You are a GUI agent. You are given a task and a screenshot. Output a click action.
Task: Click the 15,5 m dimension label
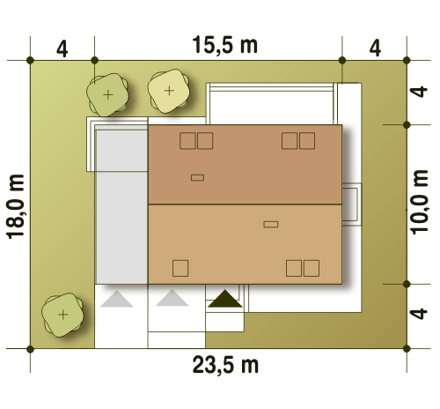(225, 45)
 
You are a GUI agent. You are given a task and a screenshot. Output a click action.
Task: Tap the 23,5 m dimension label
(225, 365)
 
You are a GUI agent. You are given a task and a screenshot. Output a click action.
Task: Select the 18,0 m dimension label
(15, 206)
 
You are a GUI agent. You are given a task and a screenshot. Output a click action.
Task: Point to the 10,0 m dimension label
(420, 202)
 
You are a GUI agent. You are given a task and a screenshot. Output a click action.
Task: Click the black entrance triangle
(225, 299)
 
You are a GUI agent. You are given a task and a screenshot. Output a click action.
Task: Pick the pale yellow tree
(169, 91)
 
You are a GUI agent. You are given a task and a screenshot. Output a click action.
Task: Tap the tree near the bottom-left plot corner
(62, 315)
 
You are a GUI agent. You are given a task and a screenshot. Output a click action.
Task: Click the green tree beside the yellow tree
(107, 94)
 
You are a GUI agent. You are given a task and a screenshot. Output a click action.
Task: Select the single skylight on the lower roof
(180, 268)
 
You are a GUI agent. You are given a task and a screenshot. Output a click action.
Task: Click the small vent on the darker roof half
(197, 177)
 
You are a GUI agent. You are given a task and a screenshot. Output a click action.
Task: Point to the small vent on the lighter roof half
(271, 224)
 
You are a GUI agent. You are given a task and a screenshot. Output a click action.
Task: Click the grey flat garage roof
(121, 204)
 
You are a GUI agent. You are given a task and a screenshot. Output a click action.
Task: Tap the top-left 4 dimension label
(62, 48)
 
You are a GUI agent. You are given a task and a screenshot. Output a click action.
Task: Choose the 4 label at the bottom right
(419, 314)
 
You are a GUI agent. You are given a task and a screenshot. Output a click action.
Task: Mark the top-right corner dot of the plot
(407, 61)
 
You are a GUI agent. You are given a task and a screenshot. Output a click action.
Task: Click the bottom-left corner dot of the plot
(30, 349)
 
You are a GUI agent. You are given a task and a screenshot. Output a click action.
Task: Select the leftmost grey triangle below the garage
(117, 299)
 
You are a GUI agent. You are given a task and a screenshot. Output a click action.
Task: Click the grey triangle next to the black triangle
(172, 298)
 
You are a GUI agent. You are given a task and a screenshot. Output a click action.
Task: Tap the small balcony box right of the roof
(352, 204)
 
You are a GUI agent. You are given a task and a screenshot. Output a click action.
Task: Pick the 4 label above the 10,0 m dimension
(419, 92)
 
